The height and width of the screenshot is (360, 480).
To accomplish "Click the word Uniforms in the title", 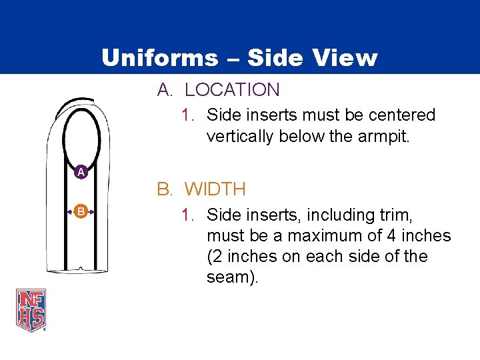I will (x=159, y=58).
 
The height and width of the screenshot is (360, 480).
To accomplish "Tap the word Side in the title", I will (x=273, y=58).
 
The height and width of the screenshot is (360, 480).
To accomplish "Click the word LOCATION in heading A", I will (x=232, y=89).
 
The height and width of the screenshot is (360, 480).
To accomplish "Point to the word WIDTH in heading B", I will (x=215, y=189).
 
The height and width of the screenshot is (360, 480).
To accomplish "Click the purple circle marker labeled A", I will (x=80, y=172).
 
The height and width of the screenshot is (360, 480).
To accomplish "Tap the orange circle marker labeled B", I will (x=80, y=211).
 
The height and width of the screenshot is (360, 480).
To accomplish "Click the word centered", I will (x=401, y=115).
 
